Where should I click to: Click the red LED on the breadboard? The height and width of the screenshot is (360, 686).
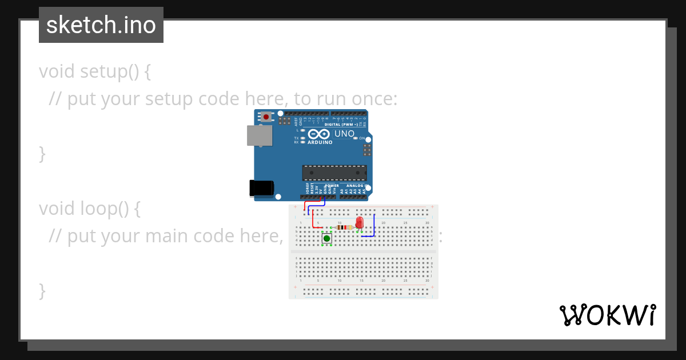coord(359,222)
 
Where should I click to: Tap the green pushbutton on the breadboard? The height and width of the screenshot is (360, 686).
coord(326,238)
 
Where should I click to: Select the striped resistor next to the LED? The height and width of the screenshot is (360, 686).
coord(344,227)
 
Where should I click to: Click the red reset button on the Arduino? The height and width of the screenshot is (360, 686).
coord(266,117)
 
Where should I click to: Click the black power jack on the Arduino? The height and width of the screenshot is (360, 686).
coord(262,189)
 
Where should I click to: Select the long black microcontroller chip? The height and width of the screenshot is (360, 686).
coord(334,173)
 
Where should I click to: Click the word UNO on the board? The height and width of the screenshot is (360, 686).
coord(344,134)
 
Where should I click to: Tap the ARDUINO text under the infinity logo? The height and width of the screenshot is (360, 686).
coord(320,142)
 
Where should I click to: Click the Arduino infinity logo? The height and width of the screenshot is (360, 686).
coord(320,134)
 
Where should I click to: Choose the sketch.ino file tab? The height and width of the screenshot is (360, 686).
coord(101,25)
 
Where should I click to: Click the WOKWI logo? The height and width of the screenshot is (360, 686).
coord(607,315)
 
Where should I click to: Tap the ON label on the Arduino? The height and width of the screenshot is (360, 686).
coord(362,138)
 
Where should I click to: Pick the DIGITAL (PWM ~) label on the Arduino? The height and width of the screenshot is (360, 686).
coord(341,124)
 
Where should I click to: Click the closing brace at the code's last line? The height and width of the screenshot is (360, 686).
coord(42,290)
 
